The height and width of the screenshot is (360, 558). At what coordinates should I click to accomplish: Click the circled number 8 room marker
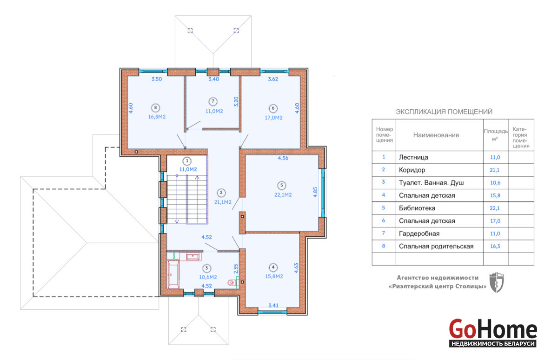tap(155, 108)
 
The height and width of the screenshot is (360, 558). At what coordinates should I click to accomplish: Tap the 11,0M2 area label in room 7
tap(214, 111)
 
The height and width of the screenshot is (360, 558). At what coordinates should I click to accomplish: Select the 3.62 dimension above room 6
tap(273, 79)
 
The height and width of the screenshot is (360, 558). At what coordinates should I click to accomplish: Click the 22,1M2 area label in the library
tap(283, 195)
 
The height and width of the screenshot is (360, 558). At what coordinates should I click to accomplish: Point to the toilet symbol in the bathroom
tap(232, 282)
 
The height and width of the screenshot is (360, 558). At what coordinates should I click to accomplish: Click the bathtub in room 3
tap(173, 274)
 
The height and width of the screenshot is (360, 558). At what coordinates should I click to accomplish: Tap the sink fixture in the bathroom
tap(193, 257)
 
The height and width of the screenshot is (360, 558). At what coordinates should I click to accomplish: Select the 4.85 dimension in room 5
tap(315, 192)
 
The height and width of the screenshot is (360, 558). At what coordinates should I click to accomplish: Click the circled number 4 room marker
tap(273, 267)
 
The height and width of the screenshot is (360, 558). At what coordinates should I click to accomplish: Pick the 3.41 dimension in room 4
tap(273, 305)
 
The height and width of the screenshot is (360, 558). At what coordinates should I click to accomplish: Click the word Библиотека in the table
tap(417, 208)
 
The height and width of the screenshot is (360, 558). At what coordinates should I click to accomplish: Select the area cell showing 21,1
tap(494, 170)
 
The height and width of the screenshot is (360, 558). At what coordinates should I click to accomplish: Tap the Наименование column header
tap(436, 135)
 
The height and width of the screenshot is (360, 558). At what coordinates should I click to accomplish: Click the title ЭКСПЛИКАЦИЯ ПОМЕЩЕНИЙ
tap(444, 112)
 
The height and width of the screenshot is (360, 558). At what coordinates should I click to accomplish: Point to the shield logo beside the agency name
tap(497, 282)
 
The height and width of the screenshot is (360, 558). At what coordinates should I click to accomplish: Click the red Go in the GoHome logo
tap(462, 329)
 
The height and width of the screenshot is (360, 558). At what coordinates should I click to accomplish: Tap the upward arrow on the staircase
tap(197, 200)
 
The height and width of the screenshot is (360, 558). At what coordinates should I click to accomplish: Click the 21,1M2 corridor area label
tap(223, 202)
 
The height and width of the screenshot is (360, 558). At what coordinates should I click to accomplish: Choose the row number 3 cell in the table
tap(383, 182)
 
